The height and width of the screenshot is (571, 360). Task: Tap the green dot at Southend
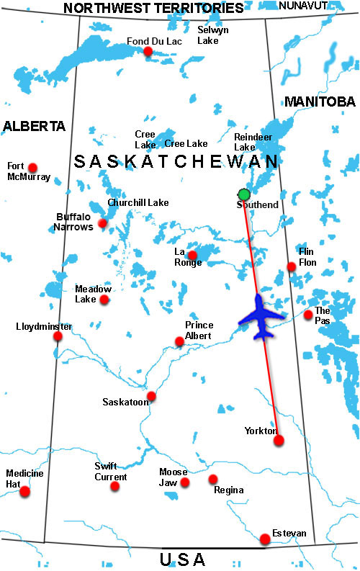click(x=244, y=194)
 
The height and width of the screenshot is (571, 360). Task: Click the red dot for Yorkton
click(x=279, y=440)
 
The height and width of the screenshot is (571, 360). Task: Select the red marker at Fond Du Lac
click(x=148, y=51)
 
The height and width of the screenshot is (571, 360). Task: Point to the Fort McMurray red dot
click(x=32, y=168)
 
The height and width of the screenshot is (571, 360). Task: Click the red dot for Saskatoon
click(x=151, y=397)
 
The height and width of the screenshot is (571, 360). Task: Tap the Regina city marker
click(x=213, y=479)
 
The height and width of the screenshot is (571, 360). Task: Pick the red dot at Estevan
click(x=265, y=539)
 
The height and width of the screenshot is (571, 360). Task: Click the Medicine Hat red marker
click(x=25, y=492)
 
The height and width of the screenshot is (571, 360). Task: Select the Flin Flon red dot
click(x=292, y=267)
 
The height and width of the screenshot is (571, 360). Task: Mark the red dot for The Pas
click(x=308, y=315)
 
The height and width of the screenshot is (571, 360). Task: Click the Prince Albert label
click(x=199, y=330)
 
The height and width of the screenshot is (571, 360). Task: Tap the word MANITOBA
click(x=320, y=102)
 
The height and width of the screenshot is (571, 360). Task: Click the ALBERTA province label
click(x=34, y=126)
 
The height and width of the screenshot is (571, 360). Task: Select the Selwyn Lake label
click(x=212, y=35)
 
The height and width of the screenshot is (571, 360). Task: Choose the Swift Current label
click(x=111, y=472)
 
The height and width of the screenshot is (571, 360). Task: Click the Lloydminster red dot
click(x=58, y=336)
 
